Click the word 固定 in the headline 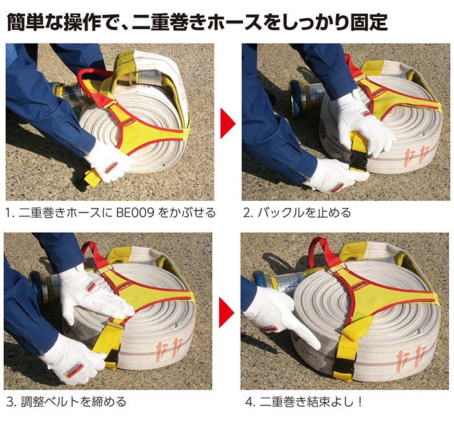pos(369,21)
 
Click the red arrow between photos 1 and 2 pos(228,124)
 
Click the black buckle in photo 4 pos(342,368)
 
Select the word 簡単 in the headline pos(25,21)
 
